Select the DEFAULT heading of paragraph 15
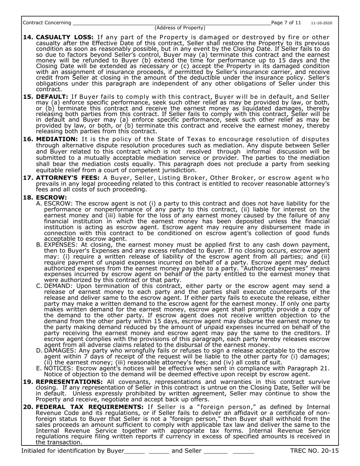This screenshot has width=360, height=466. (52, 97)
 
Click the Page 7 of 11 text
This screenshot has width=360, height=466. (287, 23)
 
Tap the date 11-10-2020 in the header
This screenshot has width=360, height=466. (322, 23)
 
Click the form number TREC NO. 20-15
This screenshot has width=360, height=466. (314, 451)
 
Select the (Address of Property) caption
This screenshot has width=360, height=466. (180, 28)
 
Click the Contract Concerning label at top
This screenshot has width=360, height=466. (47, 23)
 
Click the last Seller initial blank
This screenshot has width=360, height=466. (243, 452)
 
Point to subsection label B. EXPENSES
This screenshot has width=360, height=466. (58, 245)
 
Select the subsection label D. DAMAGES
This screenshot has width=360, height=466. (58, 351)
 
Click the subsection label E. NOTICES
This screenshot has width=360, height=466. (56, 368)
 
